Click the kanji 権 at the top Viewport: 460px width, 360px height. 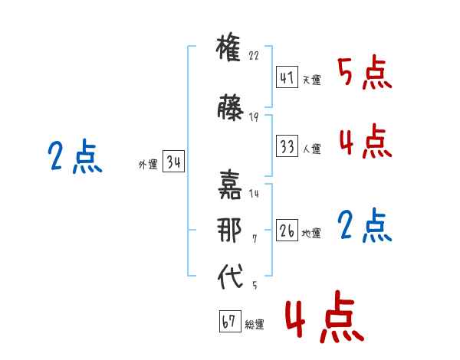coord(228,47)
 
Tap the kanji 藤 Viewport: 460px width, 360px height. coord(230,107)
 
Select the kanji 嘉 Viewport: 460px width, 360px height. coord(230,185)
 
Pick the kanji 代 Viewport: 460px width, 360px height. coord(230,276)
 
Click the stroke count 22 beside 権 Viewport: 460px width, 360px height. coord(254,55)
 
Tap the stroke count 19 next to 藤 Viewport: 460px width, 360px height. coord(254,117)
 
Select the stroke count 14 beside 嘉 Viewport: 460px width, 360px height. coord(254,194)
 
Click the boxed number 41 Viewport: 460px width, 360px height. coord(287,77)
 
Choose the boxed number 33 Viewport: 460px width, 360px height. coord(287,146)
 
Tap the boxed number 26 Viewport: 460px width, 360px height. coord(287,230)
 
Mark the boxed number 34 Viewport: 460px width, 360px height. coord(174,161)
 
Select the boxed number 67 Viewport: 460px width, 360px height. coord(230,321)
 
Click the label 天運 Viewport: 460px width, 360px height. coord(312,80)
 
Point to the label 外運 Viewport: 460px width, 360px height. coord(148,165)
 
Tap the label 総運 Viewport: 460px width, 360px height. coord(255,324)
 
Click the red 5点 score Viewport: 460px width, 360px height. coord(365,72)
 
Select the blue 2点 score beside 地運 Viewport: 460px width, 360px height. coord(365,225)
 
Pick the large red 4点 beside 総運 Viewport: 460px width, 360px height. coord(325,316)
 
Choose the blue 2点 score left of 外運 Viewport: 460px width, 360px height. coord(75,155)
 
